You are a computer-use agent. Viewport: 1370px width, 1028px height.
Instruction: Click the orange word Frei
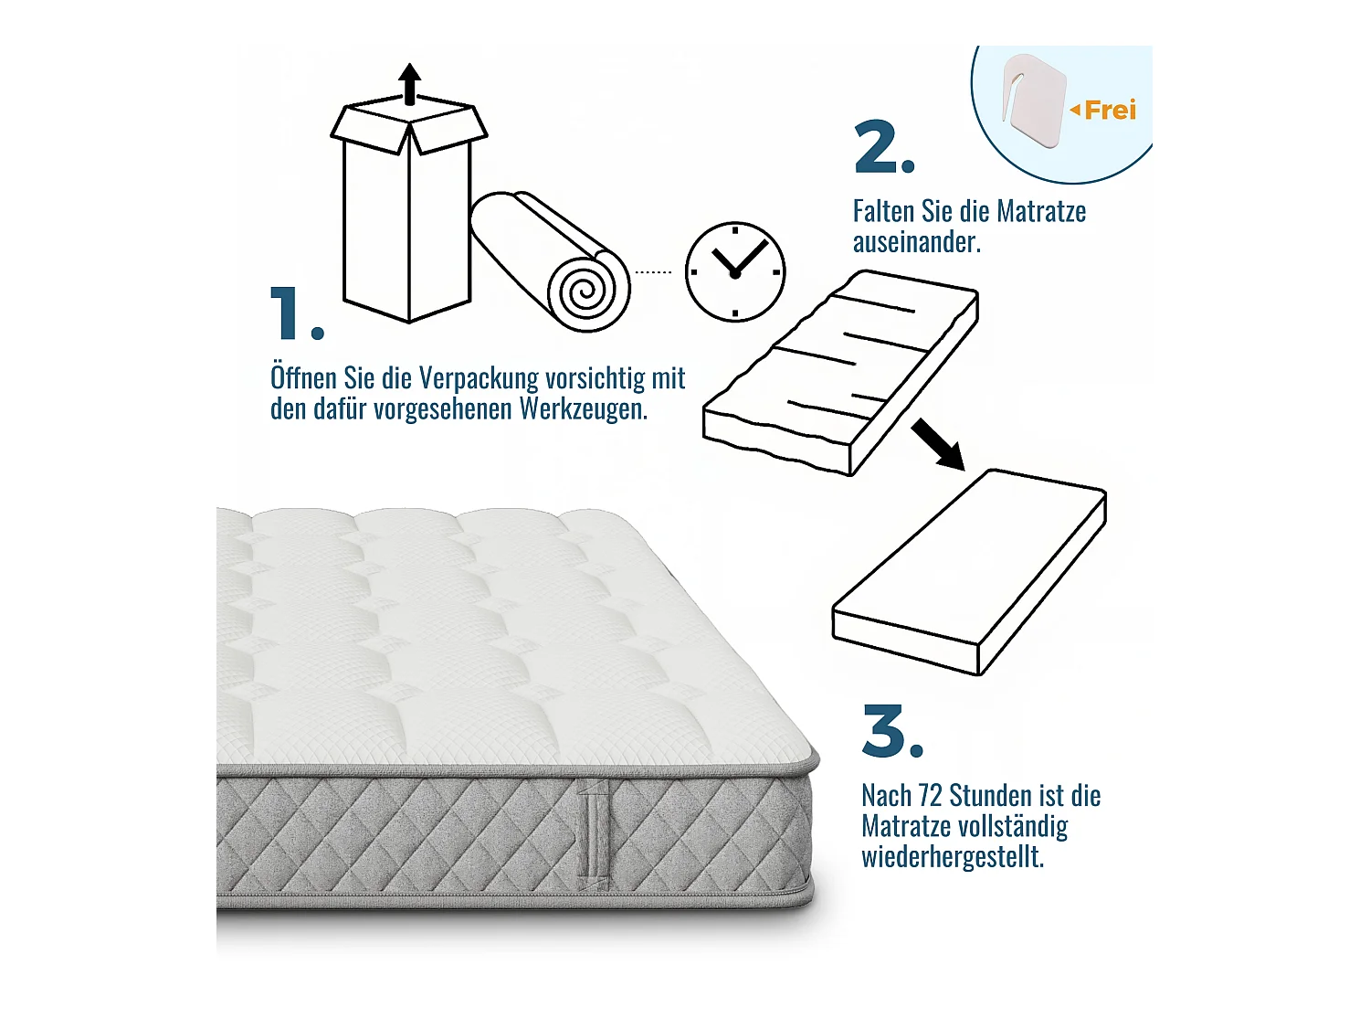(x=1110, y=111)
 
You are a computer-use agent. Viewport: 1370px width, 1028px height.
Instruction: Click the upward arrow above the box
(x=410, y=83)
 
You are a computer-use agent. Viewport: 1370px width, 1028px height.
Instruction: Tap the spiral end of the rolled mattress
(x=587, y=291)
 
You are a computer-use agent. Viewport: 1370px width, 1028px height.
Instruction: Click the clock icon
(x=735, y=271)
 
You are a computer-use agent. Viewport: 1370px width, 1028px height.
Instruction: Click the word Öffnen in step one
(x=303, y=377)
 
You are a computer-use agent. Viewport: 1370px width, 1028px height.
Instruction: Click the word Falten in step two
(x=883, y=211)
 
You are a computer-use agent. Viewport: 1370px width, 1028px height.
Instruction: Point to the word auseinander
(x=916, y=242)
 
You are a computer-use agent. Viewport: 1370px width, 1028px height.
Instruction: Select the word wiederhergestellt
(x=952, y=857)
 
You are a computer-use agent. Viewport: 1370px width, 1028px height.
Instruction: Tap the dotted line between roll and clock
(x=653, y=272)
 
